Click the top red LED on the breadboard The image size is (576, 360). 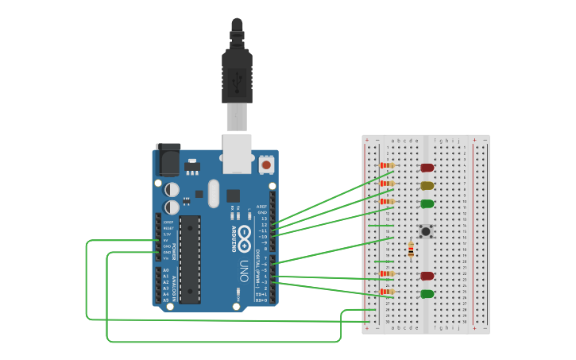[427, 168]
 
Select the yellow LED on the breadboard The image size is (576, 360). [427, 185]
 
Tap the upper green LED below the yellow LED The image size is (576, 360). [427, 203]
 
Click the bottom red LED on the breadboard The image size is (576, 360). [427, 276]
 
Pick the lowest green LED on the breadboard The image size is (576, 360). [427, 294]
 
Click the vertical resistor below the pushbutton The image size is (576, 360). [410, 250]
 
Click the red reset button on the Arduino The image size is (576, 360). [266, 165]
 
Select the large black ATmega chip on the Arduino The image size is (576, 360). [190, 259]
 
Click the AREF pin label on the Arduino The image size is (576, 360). [261, 206]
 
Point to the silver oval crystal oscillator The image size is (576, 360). [212, 193]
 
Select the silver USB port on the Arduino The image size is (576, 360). [237, 153]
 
